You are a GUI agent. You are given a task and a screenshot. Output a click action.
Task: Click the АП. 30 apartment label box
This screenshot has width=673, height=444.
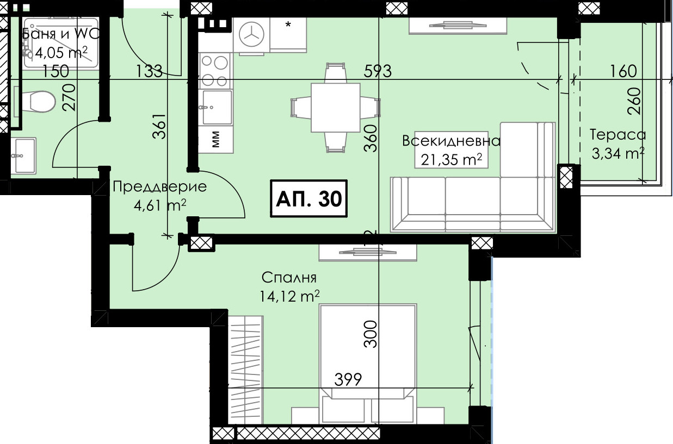point(309,198)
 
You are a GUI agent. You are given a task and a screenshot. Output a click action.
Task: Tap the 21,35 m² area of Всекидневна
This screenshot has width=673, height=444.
point(451,159)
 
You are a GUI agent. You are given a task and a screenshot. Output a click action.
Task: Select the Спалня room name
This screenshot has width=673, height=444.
point(289,278)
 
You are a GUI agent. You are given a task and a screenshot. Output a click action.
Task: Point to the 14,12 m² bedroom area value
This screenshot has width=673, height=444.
point(289,297)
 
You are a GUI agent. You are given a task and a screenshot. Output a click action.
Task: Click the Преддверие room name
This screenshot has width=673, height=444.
point(160,187)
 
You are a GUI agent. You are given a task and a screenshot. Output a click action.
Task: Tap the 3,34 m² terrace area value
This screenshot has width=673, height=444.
point(618,153)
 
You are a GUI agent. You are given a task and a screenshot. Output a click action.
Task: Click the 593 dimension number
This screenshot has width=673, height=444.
point(378,71)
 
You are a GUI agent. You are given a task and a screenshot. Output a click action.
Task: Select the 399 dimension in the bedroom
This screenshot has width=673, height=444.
point(348,379)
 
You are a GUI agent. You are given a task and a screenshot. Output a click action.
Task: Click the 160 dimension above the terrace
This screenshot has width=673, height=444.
point(623,71)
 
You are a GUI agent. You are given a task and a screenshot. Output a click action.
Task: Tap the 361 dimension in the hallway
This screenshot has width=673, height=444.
point(159,126)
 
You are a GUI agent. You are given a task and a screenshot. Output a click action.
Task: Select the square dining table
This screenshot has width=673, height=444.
point(336,108)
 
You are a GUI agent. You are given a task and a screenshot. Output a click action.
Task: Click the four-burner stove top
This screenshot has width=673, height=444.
point(214,71)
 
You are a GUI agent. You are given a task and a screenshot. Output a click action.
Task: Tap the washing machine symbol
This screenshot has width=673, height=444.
point(251,35)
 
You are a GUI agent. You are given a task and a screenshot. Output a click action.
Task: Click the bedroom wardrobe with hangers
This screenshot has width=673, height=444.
point(245,370)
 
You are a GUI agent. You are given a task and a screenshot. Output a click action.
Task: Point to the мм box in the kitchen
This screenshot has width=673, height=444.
point(216,140)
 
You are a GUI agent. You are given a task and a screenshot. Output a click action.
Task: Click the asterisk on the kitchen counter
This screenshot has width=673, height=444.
point(288,24)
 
